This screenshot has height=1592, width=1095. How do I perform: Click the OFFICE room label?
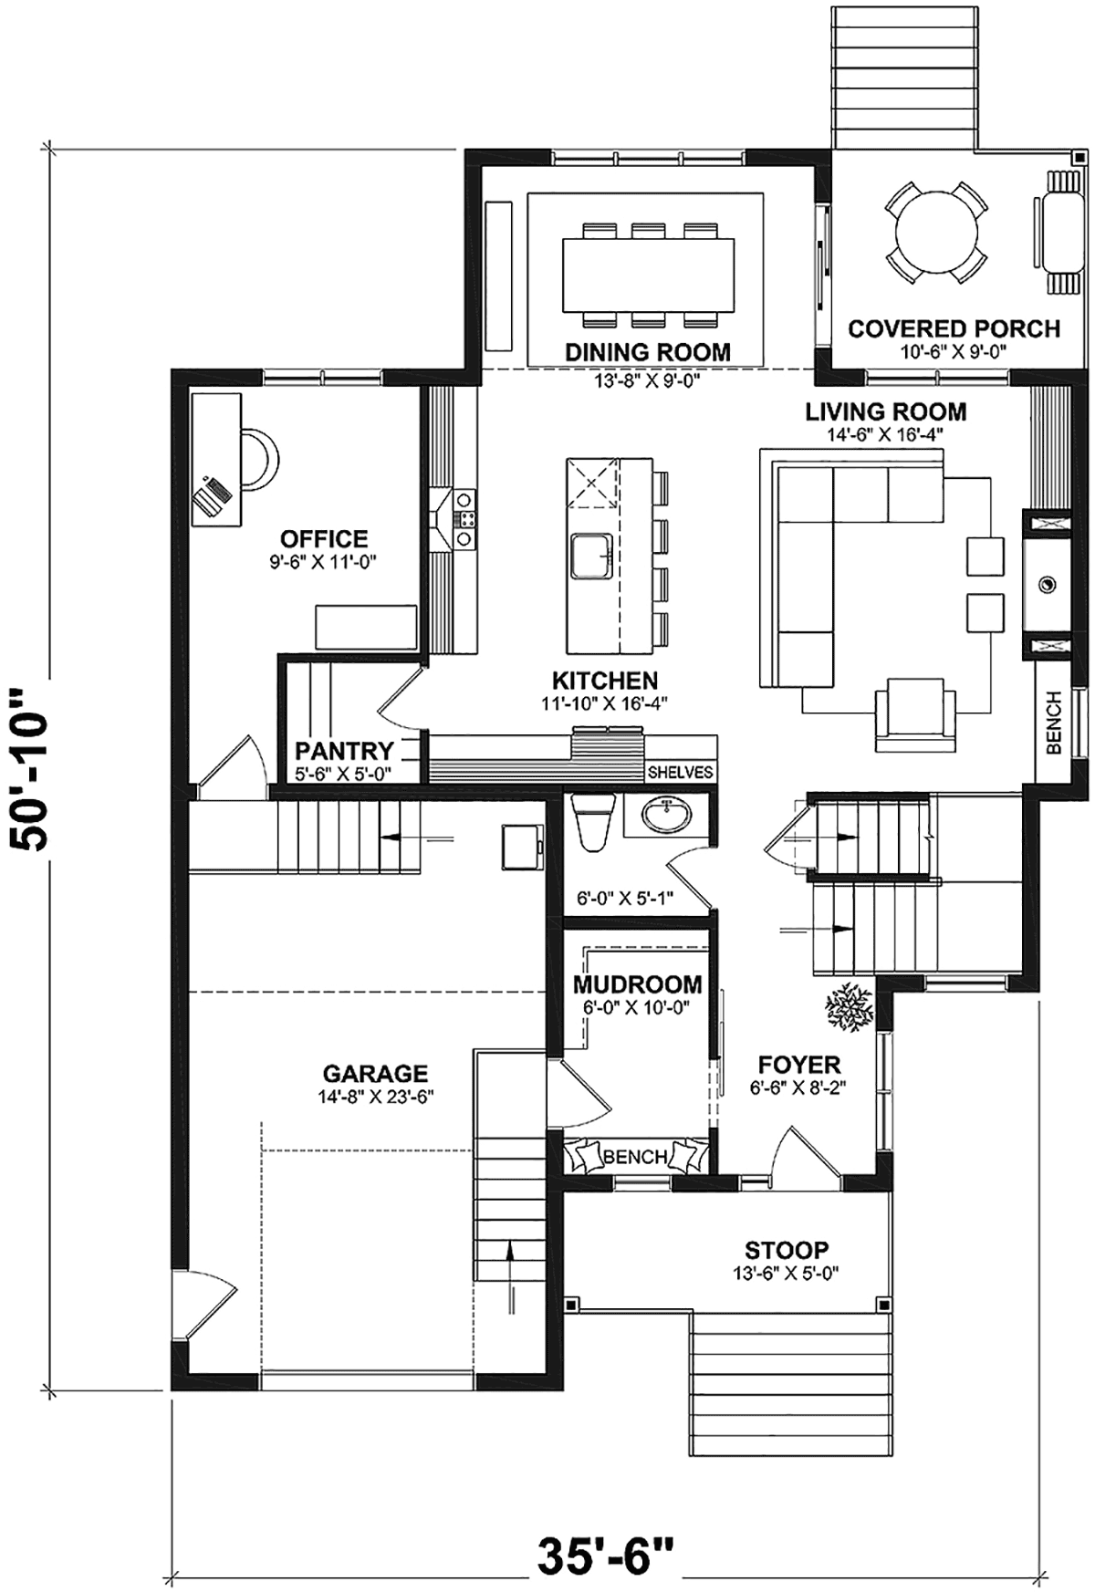(323, 538)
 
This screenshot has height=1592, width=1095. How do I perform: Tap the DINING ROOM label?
(648, 351)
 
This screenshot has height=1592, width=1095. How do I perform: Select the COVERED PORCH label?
(954, 328)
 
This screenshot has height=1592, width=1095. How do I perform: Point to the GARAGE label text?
(375, 1074)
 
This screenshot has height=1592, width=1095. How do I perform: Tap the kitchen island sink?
(592, 556)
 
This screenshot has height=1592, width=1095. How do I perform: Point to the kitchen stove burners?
(465, 518)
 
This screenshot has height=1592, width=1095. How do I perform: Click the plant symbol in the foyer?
(850, 1007)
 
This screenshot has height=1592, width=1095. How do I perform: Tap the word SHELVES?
(680, 772)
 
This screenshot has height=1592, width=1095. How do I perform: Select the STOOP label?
(787, 1250)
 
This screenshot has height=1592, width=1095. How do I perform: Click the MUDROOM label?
(638, 985)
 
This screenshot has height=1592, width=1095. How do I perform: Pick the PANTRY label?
(344, 751)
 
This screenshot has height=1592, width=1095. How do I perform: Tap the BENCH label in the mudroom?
(636, 1158)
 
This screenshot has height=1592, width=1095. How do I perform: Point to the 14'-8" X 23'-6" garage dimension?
(375, 1097)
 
